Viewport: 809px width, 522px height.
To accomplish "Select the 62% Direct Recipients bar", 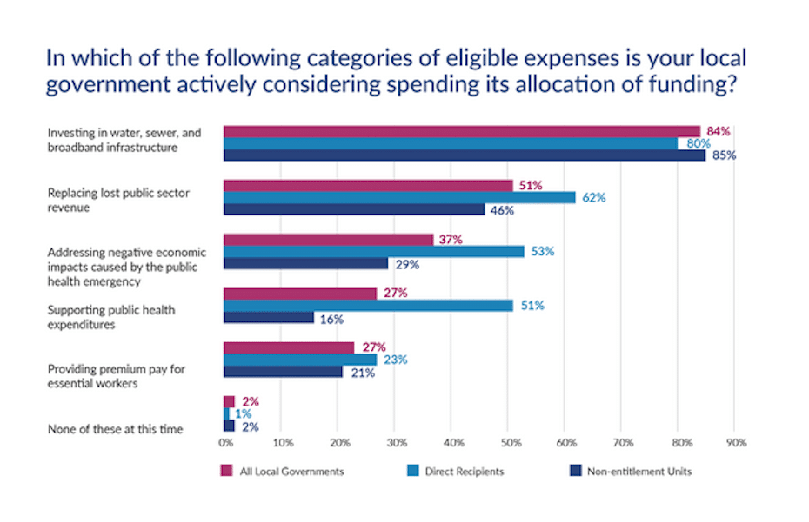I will [399, 197].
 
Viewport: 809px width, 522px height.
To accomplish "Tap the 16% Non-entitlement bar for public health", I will [269, 318].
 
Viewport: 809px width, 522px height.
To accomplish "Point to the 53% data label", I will [544, 251].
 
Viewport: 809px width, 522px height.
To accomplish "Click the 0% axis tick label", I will [225, 442].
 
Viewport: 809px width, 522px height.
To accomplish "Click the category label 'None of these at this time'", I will [115, 428].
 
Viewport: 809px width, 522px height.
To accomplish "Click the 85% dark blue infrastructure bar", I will [465, 155].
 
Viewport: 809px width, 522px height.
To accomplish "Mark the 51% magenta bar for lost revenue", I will [368, 185].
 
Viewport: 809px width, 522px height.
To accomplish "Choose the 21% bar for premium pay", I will [283, 372].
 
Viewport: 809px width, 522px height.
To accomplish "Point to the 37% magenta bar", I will [328, 239].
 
